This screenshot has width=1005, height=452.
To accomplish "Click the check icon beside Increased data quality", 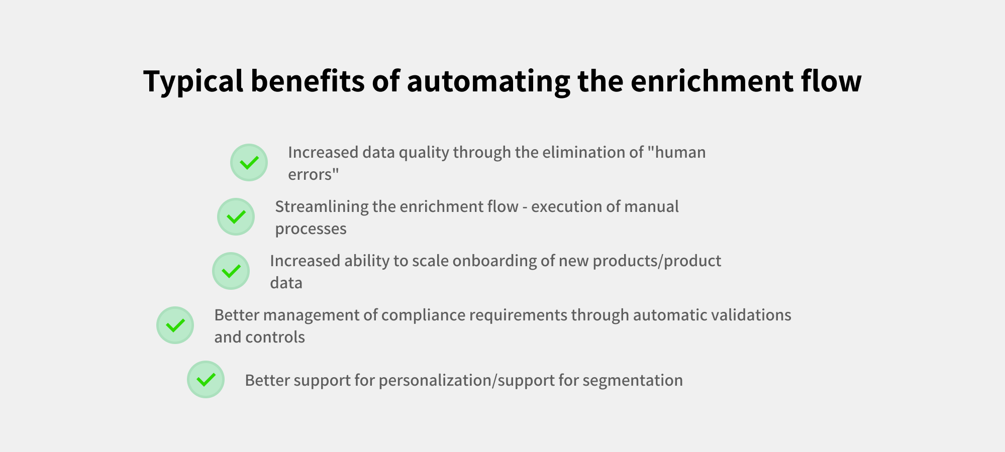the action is (x=249, y=162).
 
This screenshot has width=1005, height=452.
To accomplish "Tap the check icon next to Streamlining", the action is (x=236, y=216).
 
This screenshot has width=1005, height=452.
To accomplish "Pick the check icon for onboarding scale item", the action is (x=231, y=271).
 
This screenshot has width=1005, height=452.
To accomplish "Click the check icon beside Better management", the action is (x=175, y=325).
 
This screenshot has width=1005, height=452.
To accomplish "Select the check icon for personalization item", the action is (x=206, y=379).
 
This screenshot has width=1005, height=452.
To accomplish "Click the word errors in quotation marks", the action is (x=314, y=174).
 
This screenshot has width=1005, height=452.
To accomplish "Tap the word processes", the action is (x=311, y=229).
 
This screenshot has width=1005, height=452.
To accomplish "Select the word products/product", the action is (x=657, y=261).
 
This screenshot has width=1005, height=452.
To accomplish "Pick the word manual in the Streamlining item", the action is (x=654, y=206).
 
